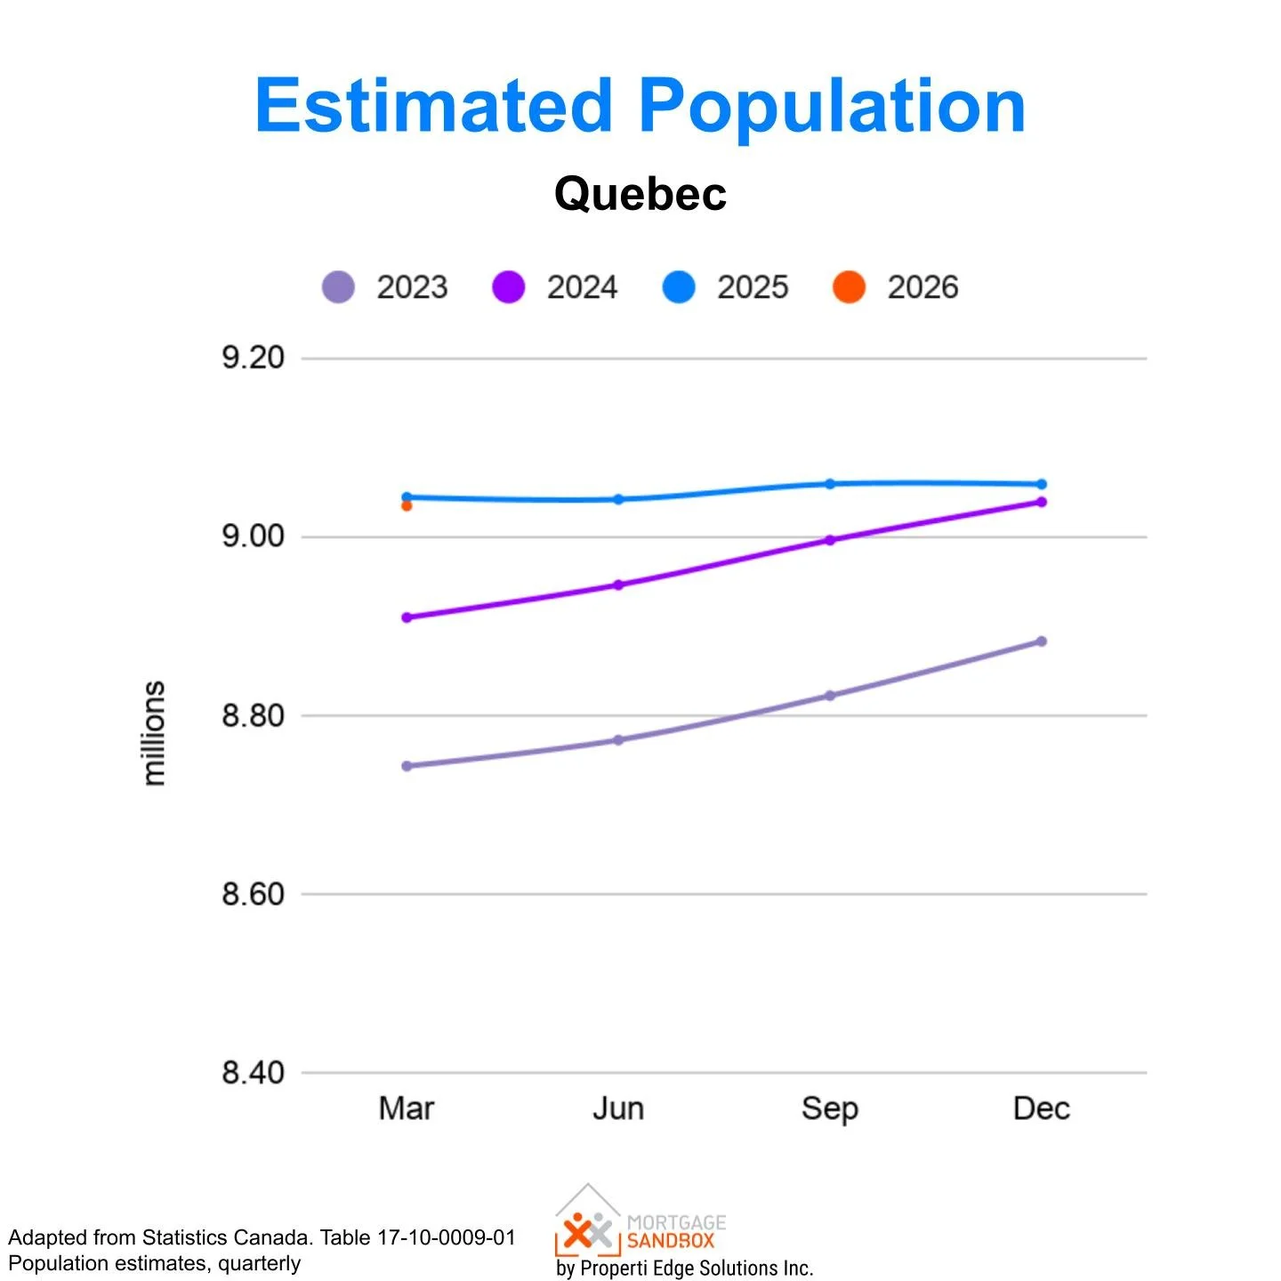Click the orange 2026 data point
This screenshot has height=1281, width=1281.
pyautogui.click(x=407, y=505)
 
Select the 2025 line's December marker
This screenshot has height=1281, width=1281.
pyautogui.click(x=1042, y=485)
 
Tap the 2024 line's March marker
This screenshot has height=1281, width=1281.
pyautogui.click(x=407, y=617)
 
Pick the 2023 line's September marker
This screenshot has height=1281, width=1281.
pyautogui.click(x=830, y=696)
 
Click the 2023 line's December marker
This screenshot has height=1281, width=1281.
pyautogui.click(x=1042, y=641)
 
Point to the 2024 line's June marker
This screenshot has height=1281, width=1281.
pyautogui.click(x=618, y=585)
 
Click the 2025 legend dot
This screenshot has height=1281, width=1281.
pyautogui.click(x=679, y=287)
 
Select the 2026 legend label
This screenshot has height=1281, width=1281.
pyautogui.click(x=922, y=287)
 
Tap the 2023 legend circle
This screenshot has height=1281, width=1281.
pyautogui.click(x=338, y=287)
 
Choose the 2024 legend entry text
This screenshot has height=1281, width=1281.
pyautogui.click(x=582, y=287)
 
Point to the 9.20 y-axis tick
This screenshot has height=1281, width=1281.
pyautogui.click(x=253, y=358)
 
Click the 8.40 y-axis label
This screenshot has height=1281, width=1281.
pyautogui.click(x=253, y=1073)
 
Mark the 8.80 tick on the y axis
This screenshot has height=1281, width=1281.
pyautogui.click(x=253, y=715)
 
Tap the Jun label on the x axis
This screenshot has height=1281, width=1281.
pyautogui.click(x=618, y=1108)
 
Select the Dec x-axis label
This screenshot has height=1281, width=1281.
pyautogui.click(x=1042, y=1108)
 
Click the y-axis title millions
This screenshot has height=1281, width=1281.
pyautogui.click(x=154, y=733)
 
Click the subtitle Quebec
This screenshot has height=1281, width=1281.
pyautogui.click(x=640, y=193)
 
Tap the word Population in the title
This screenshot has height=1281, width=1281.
pyautogui.click(x=832, y=107)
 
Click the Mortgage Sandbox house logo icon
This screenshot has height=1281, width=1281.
pyautogui.click(x=587, y=1221)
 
